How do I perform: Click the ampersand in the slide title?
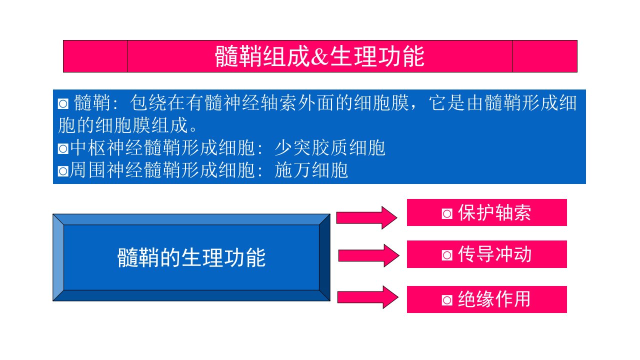[319, 56]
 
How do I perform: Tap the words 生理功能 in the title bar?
[377, 56]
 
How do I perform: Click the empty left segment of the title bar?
[95, 56]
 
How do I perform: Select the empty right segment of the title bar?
[545, 56]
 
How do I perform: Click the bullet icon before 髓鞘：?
[63, 103]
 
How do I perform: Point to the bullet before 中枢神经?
[63, 149]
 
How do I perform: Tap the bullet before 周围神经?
[63, 171]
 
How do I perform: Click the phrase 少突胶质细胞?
[329, 148]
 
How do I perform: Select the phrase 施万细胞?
[311, 170]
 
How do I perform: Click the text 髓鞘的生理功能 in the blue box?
[191, 257]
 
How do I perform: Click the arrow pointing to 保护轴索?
[367, 217]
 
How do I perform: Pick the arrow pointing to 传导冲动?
[369, 255]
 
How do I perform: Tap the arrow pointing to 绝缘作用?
[368, 297]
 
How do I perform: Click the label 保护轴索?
[494, 213]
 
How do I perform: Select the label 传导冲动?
[494, 254]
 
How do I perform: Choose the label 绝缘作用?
[494, 299]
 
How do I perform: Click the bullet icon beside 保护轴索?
[447, 213]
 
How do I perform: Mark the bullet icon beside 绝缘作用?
[447, 300]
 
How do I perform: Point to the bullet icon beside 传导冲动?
[447, 255]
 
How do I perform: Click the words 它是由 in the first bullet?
[456, 103]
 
